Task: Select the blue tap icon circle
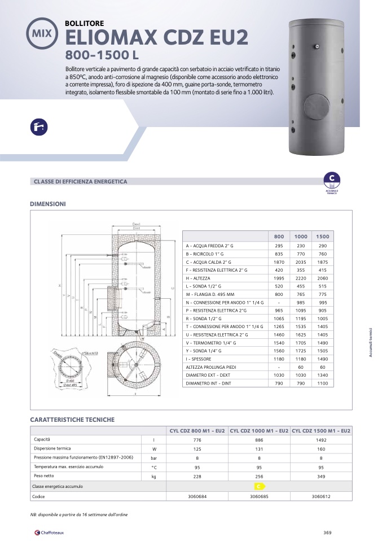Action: (x=39, y=128)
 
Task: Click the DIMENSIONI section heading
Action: (x=48, y=203)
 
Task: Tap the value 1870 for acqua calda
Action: (x=279, y=262)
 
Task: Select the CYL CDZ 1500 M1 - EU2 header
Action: (x=322, y=431)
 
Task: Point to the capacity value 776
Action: (x=197, y=439)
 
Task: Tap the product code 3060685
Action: (x=260, y=496)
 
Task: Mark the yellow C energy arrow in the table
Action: (x=259, y=486)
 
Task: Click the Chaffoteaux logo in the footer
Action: (x=52, y=531)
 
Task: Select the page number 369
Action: (x=327, y=531)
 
